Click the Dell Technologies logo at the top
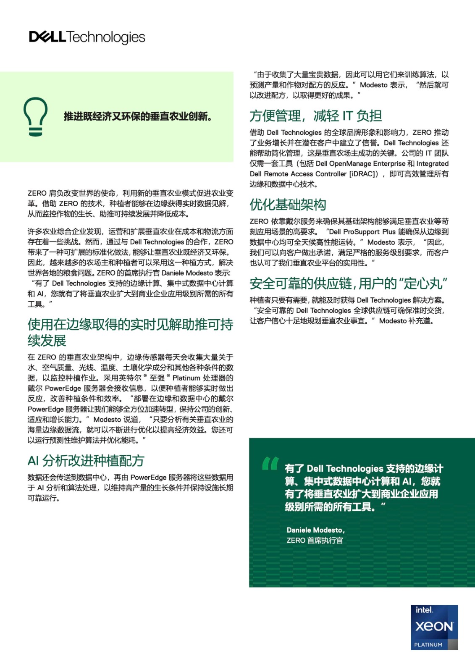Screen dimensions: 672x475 (x=87, y=37)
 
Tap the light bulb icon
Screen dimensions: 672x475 (x=35, y=117)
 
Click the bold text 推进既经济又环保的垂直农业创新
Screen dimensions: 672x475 (x=138, y=116)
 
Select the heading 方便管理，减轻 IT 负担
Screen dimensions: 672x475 (x=315, y=115)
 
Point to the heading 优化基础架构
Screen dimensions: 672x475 (x=288, y=205)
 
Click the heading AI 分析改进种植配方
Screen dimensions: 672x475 (x=86, y=461)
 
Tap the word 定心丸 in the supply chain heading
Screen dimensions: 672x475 (x=423, y=283)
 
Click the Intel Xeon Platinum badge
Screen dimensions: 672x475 (x=434, y=627)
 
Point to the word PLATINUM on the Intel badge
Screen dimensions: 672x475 (x=428, y=645)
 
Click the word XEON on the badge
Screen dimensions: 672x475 (x=434, y=627)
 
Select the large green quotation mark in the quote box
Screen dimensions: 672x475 (x=270, y=463)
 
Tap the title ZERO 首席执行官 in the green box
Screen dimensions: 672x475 (x=315, y=541)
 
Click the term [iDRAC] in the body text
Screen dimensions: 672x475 (x=364, y=174)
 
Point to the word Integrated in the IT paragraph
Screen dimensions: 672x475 (x=432, y=164)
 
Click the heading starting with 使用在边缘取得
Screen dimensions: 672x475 (x=130, y=332)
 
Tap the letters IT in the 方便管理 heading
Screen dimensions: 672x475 (x=347, y=115)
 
